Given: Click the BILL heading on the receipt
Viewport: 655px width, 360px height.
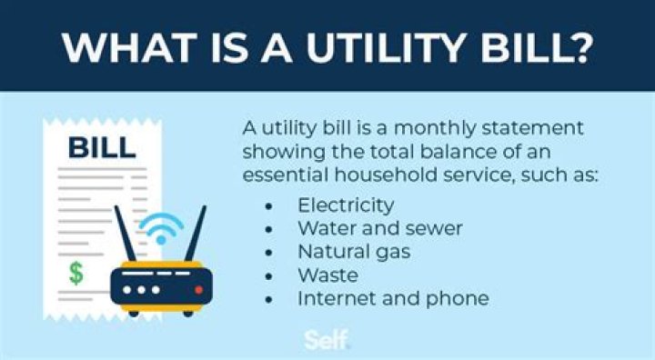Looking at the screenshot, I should [102, 145].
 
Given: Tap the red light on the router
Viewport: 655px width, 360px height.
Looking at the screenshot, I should [198, 288].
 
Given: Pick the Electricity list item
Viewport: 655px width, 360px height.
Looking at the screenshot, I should [345, 205].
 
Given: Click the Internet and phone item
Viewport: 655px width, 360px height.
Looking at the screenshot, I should [393, 297].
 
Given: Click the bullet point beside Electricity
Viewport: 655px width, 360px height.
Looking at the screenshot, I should [267, 205].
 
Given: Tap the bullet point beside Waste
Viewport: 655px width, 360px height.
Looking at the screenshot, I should [267, 275].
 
